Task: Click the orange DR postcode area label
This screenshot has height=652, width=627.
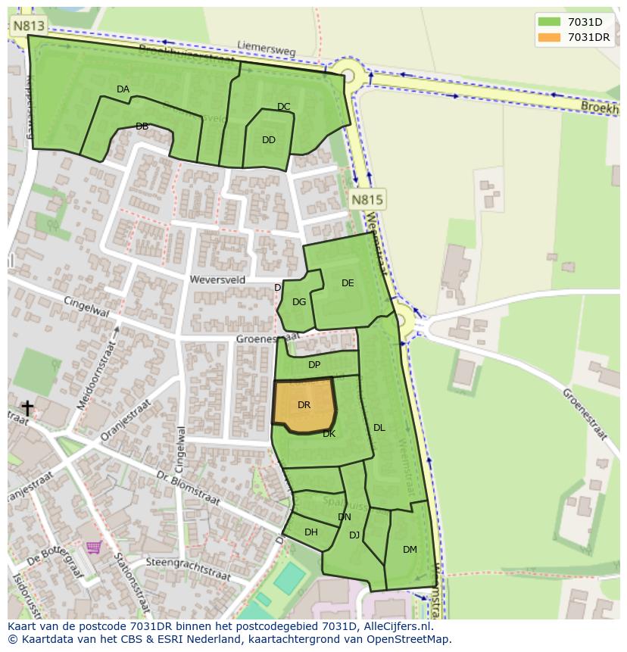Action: (304, 405)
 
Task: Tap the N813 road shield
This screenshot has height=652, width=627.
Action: (29, 27)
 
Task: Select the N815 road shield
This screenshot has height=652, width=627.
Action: (367, 200)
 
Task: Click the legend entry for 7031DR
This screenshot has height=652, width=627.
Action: (588, 37)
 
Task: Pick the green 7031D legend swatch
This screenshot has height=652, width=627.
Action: (549, 22)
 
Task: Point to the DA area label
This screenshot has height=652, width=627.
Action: (123, 89)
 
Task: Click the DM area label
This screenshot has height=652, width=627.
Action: (410, 550)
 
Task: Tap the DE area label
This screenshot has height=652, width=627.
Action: (348, 283)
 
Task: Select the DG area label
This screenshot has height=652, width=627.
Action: (299, 302)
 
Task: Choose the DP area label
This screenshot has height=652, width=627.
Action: (314, 365)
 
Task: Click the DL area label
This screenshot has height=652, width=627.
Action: (379, 428)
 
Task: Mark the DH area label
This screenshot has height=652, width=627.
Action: (311, 532)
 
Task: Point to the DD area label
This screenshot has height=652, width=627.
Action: (269, 140)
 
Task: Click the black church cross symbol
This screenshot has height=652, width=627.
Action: (27, 409)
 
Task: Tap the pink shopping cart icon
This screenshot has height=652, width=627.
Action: (93, 547)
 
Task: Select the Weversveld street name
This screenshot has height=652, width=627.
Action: (219, 279)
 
